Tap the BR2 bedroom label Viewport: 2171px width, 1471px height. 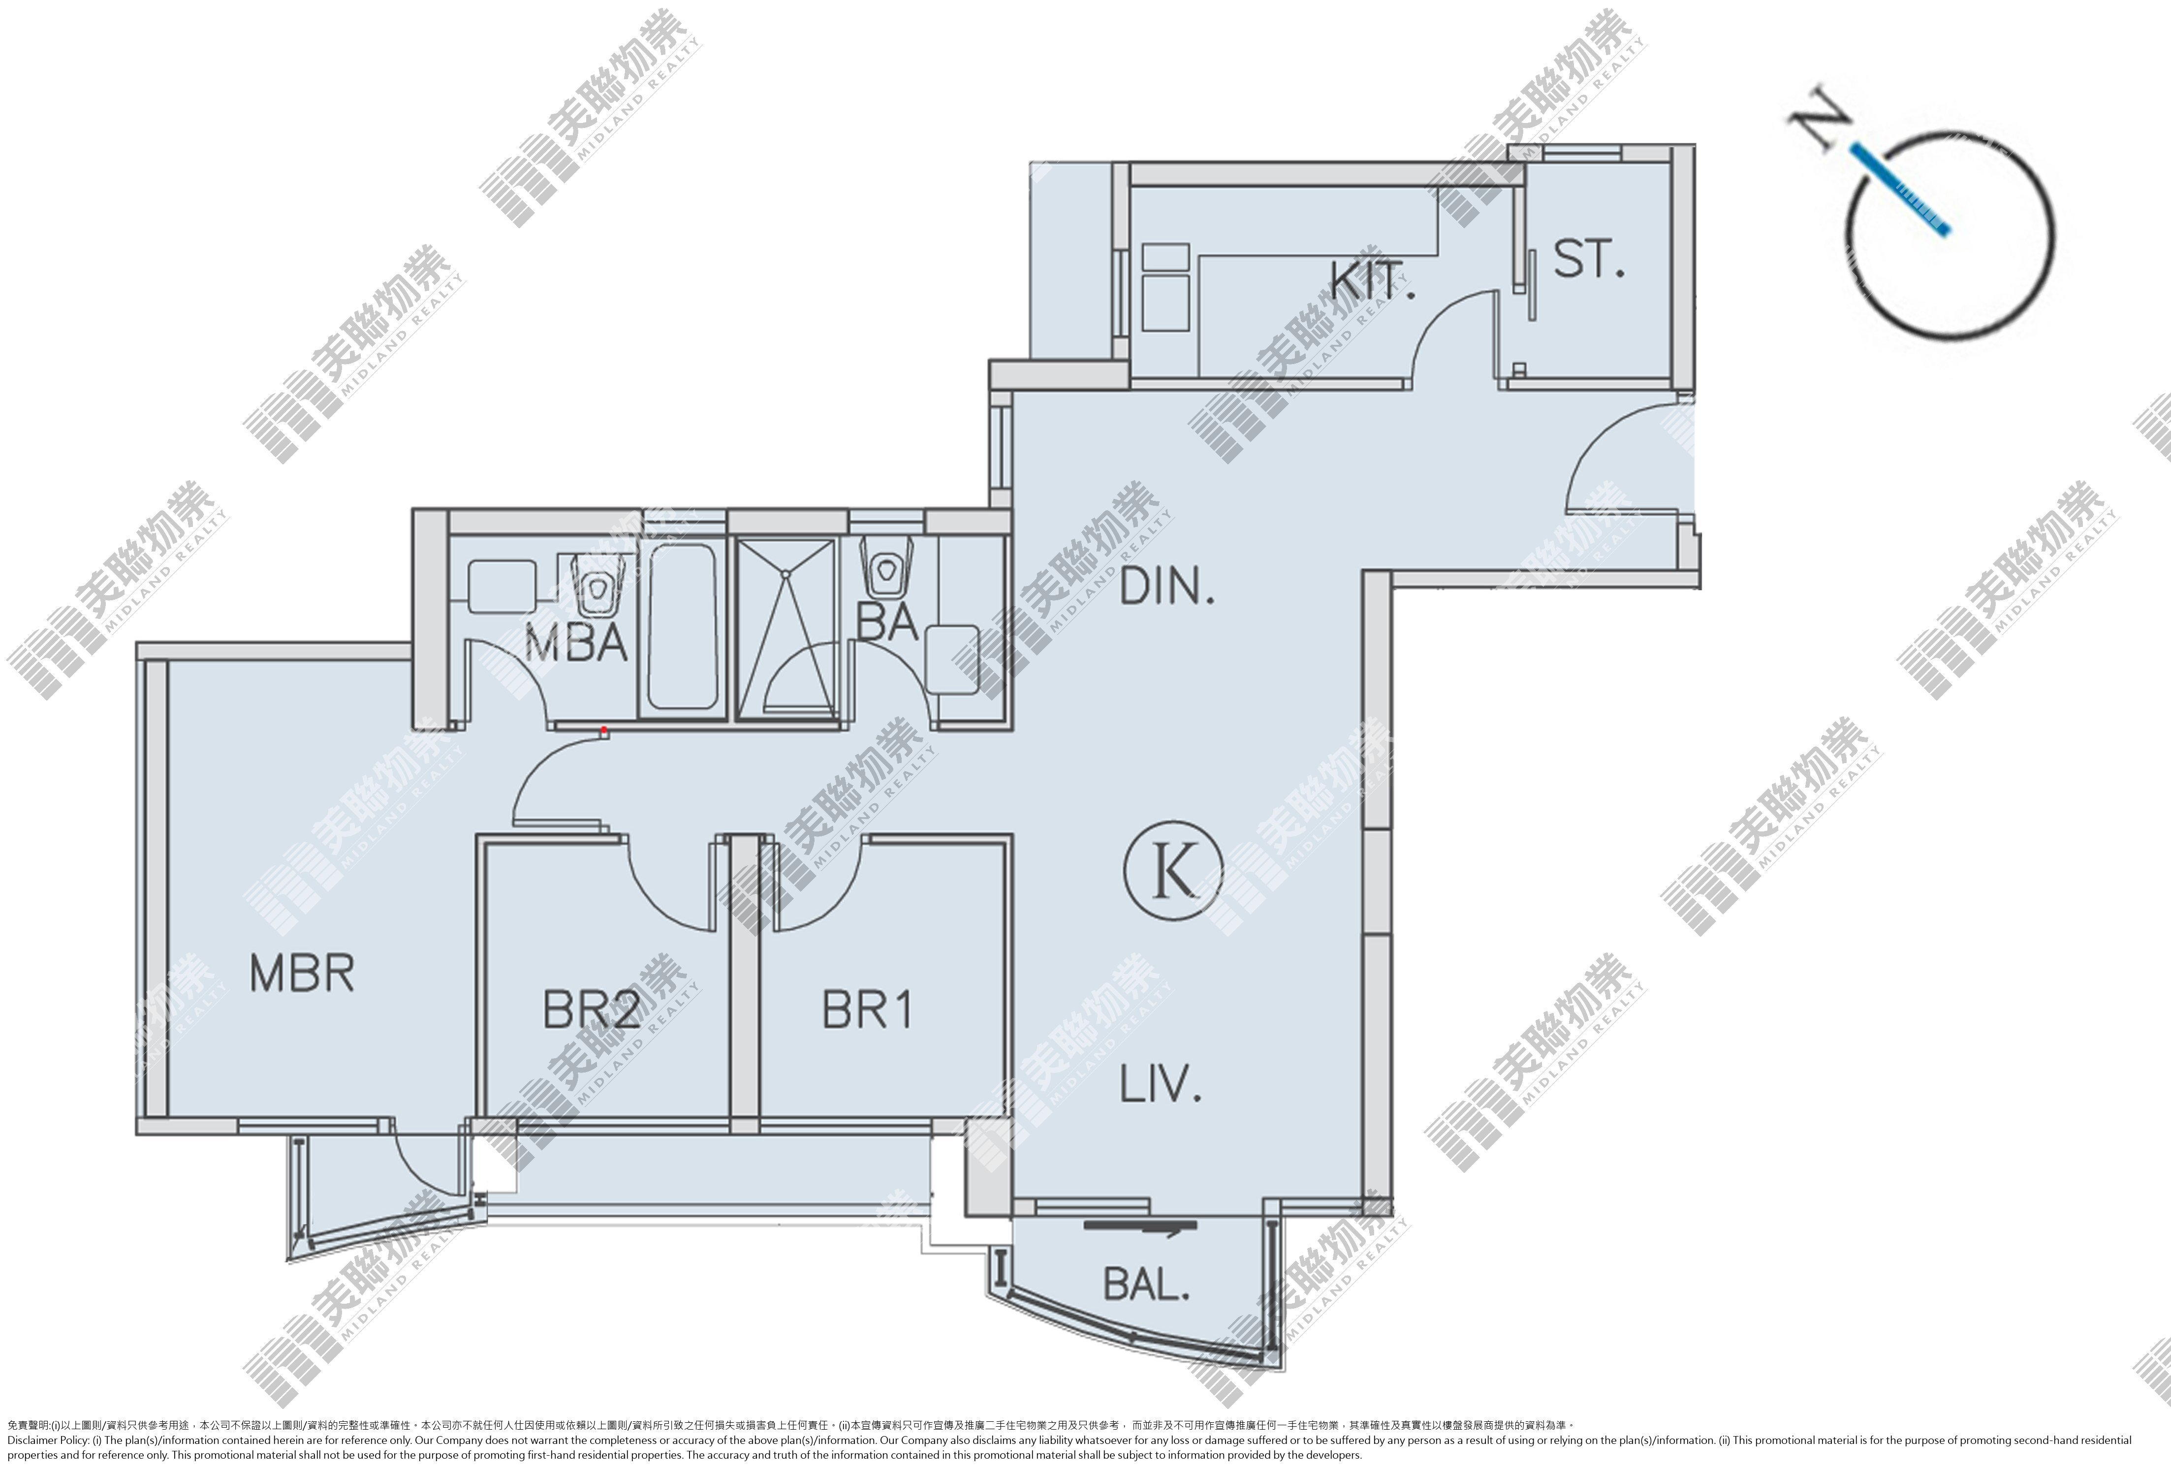pyautogui.click(x=592, y=1010)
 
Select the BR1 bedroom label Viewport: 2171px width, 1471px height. pyautogui.click(x=867, y=1010)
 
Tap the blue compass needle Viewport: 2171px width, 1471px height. pyautogui.click(x=1899, y=189)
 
